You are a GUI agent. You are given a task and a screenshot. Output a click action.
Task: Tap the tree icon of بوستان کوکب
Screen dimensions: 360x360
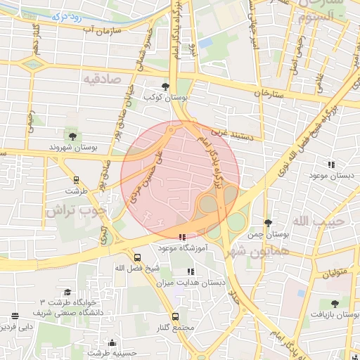165,86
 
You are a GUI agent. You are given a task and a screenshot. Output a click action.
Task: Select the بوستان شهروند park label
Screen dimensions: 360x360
72,148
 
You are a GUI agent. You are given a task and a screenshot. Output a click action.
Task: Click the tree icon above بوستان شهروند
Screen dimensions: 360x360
72,134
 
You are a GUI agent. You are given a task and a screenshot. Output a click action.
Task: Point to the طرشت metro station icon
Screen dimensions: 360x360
77,180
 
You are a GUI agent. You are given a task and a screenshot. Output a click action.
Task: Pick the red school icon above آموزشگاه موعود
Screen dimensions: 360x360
183,238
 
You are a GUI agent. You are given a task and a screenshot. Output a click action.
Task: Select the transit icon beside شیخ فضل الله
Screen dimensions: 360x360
137,257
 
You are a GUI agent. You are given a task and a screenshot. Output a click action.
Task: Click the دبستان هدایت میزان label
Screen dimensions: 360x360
202,282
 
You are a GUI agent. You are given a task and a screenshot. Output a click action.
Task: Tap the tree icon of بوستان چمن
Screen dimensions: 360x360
267,223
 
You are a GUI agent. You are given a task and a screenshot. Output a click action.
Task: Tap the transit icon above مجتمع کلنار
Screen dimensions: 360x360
175,316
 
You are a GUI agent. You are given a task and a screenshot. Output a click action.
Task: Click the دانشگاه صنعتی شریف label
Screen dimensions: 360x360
67,311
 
